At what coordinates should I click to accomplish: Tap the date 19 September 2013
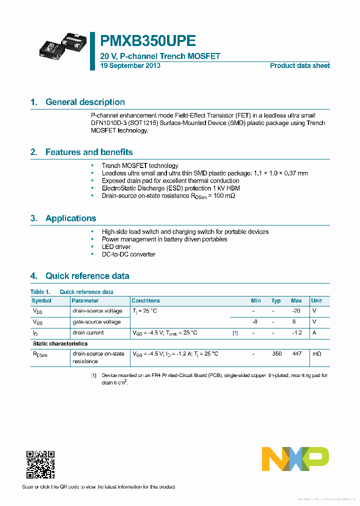click(x=130, y=65)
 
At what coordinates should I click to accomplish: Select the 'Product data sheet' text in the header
click(x=299, y=65)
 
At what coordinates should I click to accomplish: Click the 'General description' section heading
click(x=85, y=102)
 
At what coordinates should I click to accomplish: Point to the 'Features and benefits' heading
click(x=89, y=152)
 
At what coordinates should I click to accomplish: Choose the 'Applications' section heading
click(x=70, y=218)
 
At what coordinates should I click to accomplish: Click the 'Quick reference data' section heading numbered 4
click(x=87, y=275)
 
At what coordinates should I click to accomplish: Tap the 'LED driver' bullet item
click(x=116, y=246)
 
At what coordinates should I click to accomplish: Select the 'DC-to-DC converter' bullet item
click(x=128, y=254)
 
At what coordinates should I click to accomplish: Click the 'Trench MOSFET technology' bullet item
click(x=140, y=165)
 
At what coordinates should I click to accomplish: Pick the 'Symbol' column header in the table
click(x=41, y=300)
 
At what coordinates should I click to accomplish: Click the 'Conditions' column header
click(x=145, y=300)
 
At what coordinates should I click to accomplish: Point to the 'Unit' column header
click(x=316, y=300)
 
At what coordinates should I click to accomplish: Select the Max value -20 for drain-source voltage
click(x=296, y=311)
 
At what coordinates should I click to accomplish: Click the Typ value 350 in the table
click(x=276, y=353)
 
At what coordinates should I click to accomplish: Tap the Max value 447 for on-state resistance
click(x=296, y=353)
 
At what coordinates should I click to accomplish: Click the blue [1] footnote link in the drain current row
click(x=235, y=332)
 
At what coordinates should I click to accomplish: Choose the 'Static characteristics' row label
click(x=60, y=343)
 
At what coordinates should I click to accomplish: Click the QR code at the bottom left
click(x=40, y=464)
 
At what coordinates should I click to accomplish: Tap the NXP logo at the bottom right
click(x=295, y=458)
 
